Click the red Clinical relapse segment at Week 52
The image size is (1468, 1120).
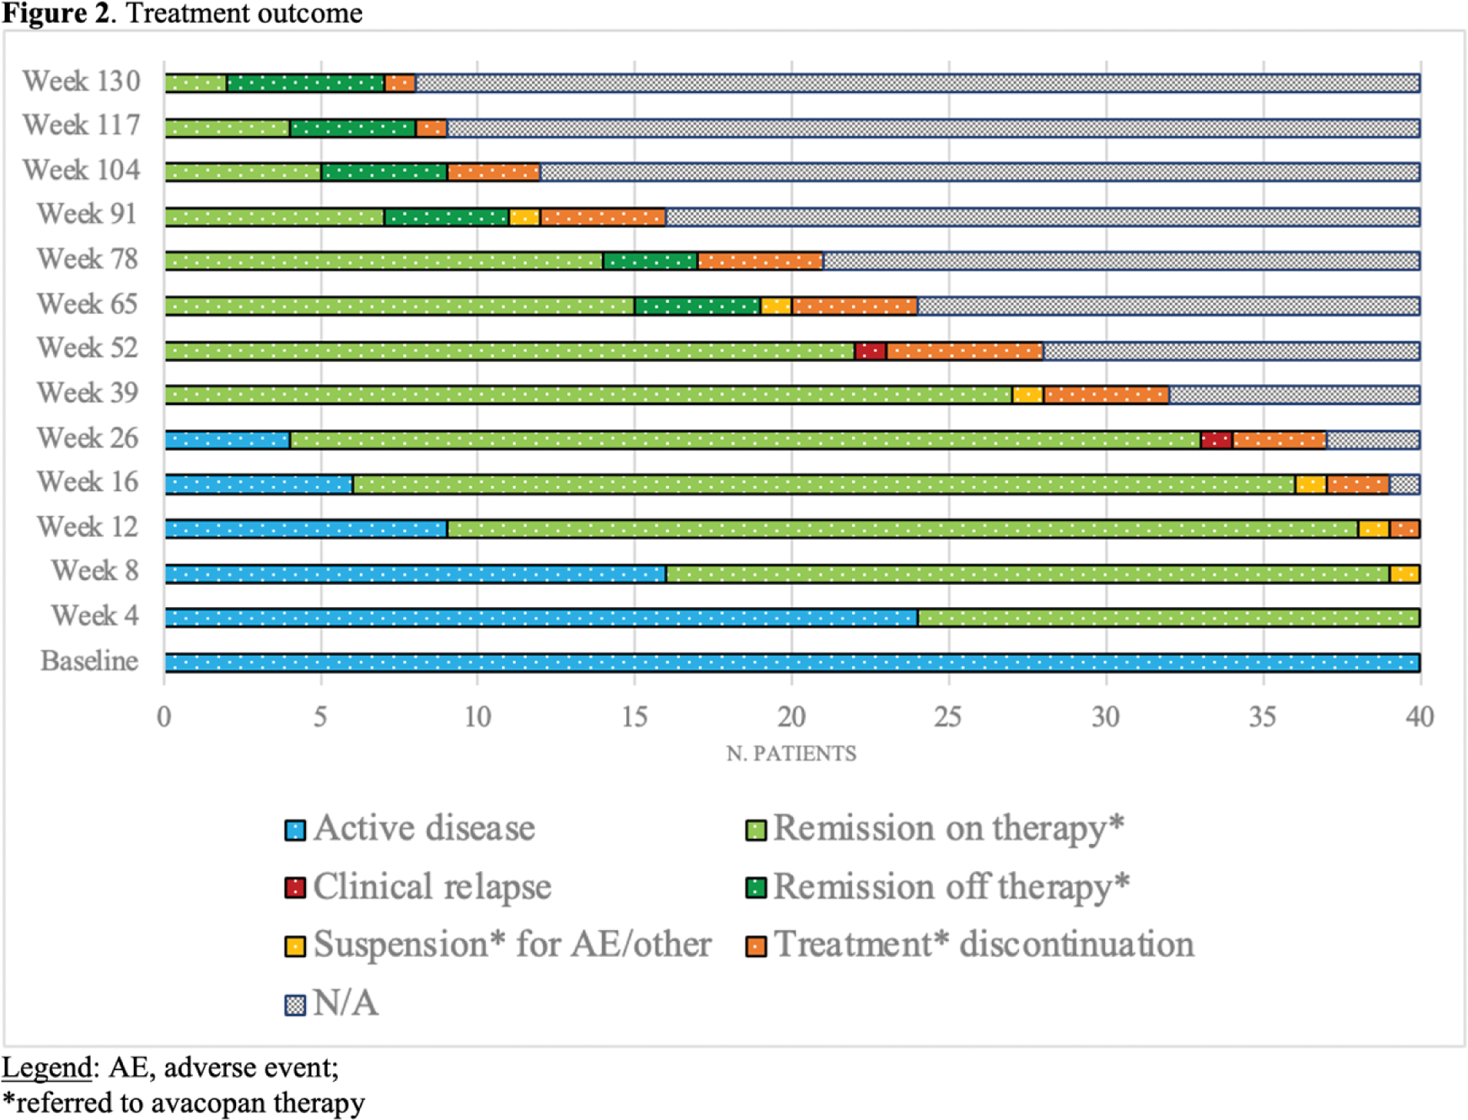[870, 351]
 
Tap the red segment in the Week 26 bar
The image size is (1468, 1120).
[1217, 440]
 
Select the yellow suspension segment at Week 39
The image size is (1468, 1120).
[1027, 395]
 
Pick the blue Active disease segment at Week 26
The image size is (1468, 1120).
[228, 440]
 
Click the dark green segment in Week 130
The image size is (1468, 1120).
[305, 83]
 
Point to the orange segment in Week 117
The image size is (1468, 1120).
[431, 128]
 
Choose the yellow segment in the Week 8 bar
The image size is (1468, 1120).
[1404, 573]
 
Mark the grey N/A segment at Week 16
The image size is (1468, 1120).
[1404, 484]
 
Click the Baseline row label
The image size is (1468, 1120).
[89, 661]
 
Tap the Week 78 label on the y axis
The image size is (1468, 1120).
[87, 259]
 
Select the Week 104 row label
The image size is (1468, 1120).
[82, 170]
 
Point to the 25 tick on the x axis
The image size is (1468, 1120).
[948, 717]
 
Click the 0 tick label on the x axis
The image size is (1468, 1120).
[164, 717]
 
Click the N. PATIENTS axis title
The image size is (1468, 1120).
[791, 753]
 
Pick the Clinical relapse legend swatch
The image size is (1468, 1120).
[295, 888]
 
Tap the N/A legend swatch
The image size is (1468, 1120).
[295, 1005]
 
